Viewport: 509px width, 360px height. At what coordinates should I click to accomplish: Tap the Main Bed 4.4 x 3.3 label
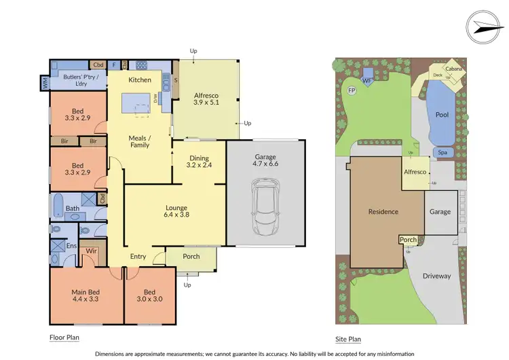pos(86,297)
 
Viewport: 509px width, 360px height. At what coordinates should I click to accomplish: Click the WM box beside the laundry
pos(45,83)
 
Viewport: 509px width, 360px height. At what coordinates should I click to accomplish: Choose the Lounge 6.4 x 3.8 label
pos(176,211)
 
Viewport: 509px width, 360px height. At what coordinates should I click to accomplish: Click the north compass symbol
pos(486,24)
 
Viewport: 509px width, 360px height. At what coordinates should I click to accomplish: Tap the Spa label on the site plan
pos(442,152)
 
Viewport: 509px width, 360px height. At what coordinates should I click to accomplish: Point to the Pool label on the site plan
pos(442,115)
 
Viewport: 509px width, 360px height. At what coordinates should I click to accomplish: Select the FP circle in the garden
pos(352,90)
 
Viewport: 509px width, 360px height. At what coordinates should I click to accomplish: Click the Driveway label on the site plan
pos(436,276)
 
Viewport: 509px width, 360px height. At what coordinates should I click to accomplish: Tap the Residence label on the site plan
pos(383,211)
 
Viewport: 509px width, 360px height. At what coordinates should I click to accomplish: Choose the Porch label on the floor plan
pos(192,256)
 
